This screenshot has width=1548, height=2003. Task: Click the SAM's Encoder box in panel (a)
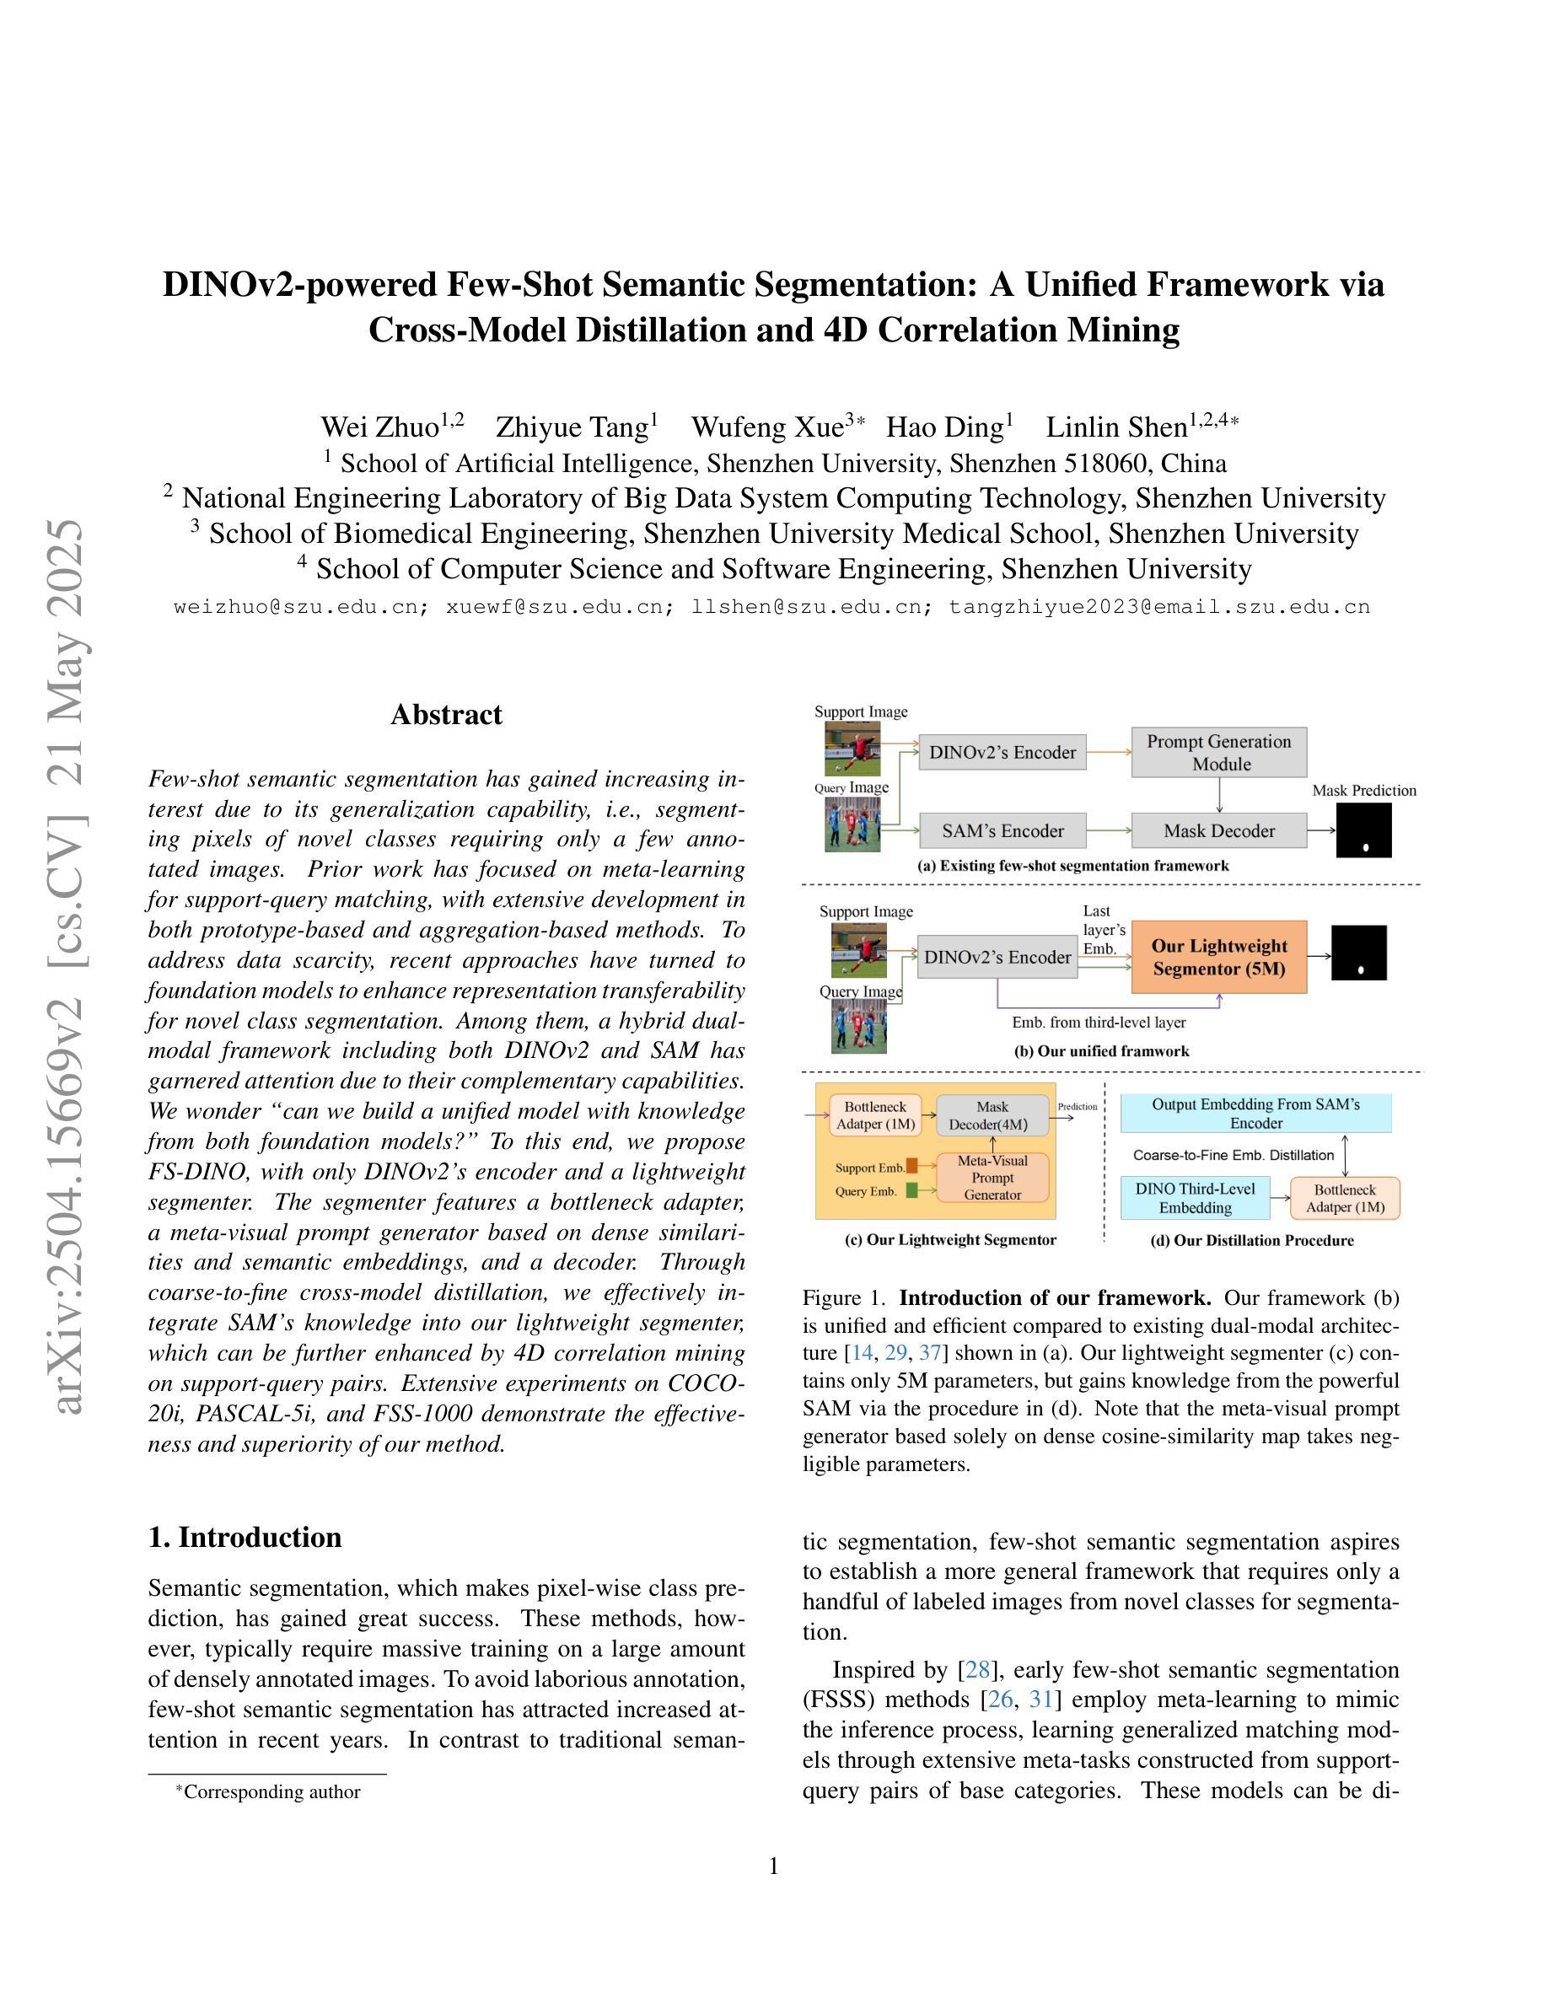point(1002,831)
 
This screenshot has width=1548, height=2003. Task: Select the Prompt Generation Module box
point(1219,752)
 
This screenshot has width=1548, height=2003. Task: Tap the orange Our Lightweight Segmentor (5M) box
point(1219,957)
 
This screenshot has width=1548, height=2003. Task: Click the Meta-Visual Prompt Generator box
point(992,1178)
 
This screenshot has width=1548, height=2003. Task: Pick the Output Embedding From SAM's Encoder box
point(1255,1114)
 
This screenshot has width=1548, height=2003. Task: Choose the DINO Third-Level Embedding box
point(1195,1198)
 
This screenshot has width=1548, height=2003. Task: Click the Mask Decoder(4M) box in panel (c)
point(992,1115)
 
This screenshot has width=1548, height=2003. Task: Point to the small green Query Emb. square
point(911,1190)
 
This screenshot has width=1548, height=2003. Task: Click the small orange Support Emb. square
point(911,1167)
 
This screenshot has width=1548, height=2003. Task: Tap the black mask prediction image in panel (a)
point(1363,830)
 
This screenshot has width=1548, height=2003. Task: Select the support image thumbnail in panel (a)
point(852,749)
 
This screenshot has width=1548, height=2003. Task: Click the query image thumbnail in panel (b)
point(858,1026)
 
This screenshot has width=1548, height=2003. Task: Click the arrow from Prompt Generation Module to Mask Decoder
point(1219,794)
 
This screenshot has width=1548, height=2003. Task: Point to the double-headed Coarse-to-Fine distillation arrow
point(1346,1155)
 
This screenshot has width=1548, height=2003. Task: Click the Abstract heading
point(446,714)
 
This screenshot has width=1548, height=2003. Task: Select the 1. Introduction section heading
point(245,1537)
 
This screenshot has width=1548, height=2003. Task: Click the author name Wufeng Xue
point(766,427)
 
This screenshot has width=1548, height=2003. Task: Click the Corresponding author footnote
point(271,1791)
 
